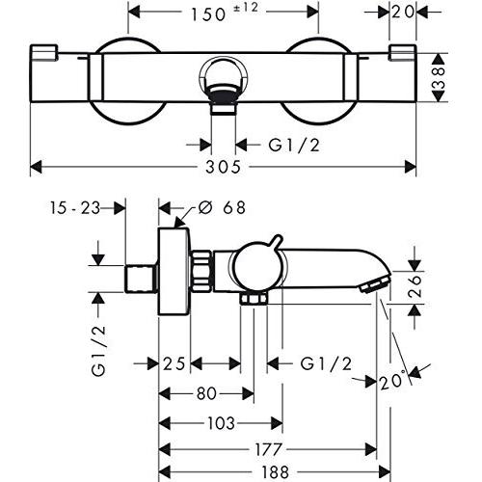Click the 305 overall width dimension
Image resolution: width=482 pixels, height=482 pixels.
(x=223, y=167)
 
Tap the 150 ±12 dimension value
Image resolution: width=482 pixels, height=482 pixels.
(x=225, y=13)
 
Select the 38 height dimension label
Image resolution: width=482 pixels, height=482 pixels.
(x=439, y=77)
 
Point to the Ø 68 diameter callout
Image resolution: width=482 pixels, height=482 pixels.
(x=222, y=207)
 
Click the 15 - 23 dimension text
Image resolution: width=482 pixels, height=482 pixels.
(x=75, y=208)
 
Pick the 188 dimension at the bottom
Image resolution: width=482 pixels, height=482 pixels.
(x=275, y=472)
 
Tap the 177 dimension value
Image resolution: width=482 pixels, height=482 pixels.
(x=268, y=449)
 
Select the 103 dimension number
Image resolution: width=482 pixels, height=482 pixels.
(x=221, y=423)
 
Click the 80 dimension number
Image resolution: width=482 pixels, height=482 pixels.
(x=206, y=393)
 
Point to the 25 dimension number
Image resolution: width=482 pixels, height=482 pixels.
(x=174, y=364)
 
